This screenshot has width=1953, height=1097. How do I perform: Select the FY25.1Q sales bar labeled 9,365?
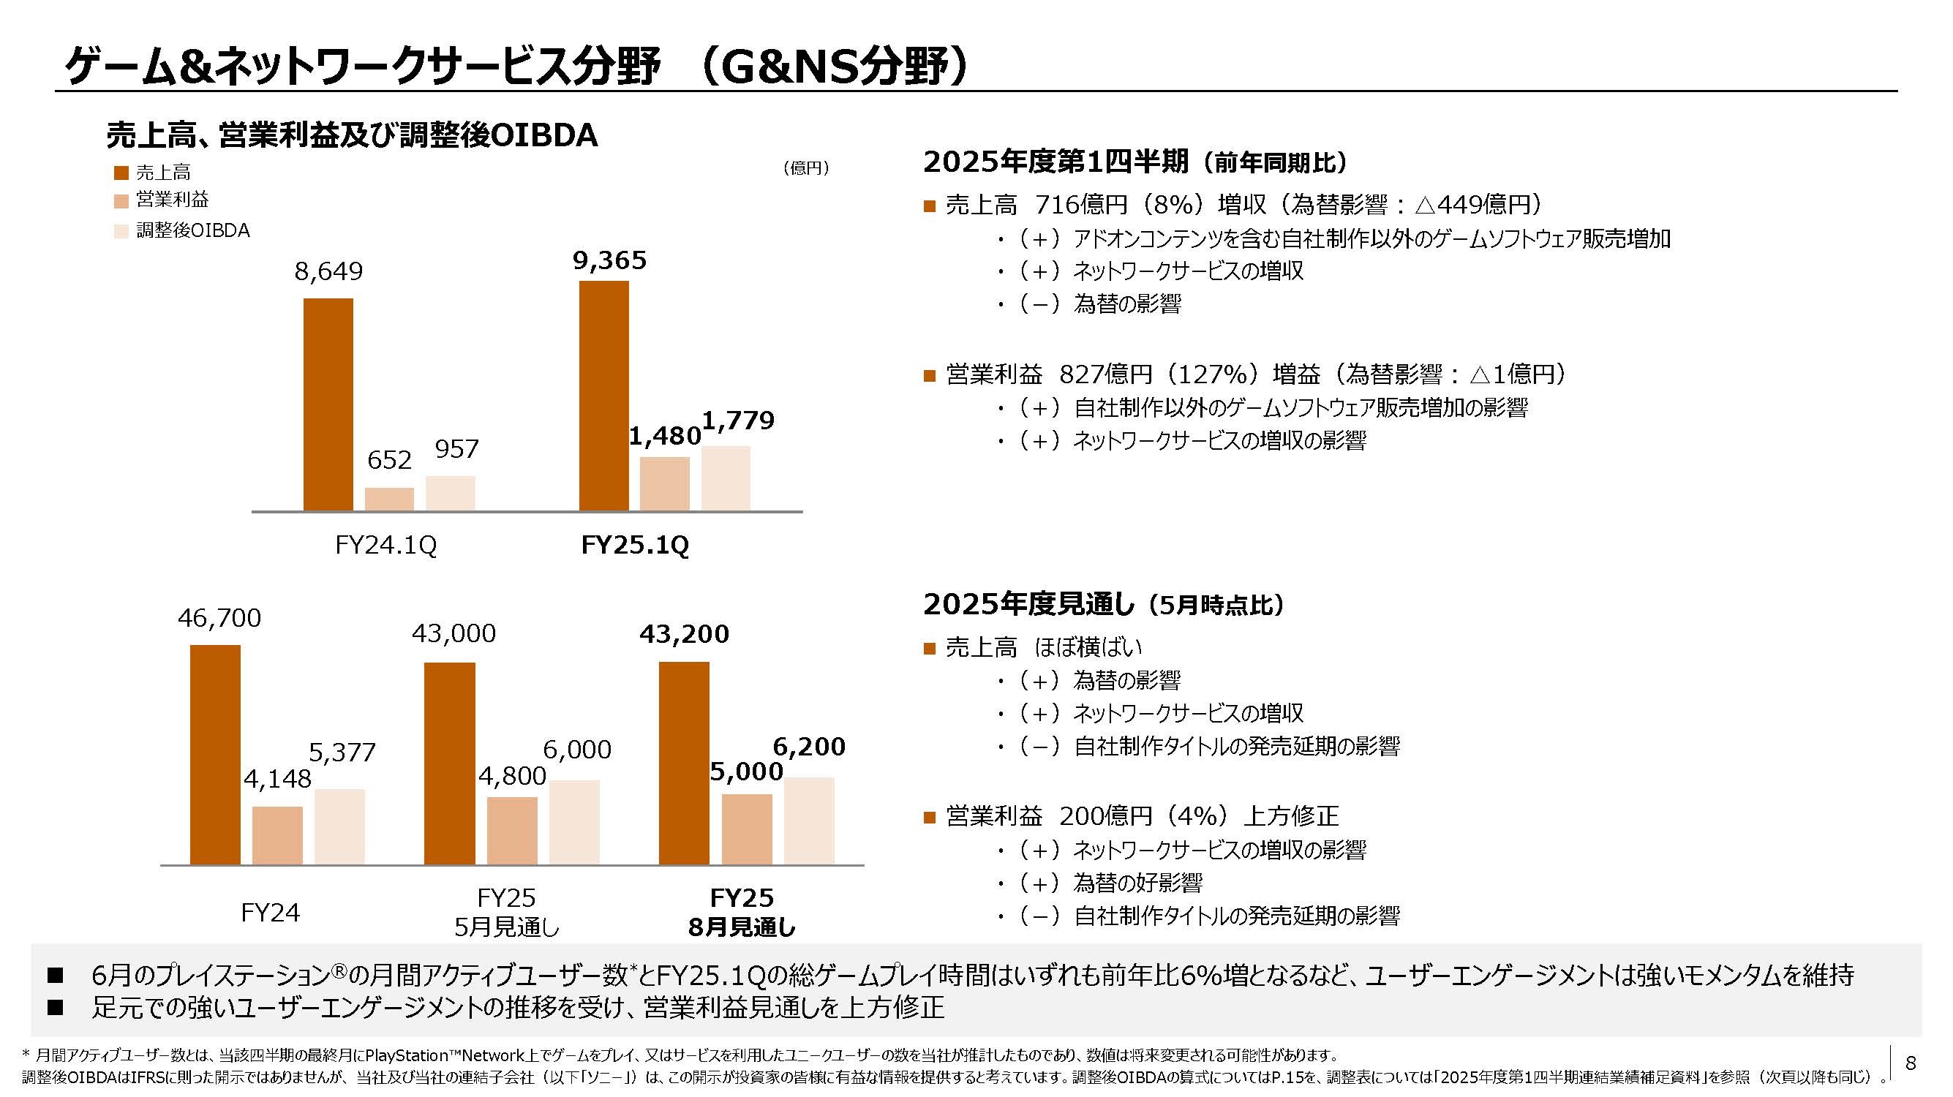(603, 395)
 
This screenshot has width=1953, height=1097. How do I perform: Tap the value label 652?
(389, 459)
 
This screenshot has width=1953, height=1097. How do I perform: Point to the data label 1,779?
(739, 420)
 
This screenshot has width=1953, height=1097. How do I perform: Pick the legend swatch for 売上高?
(121, 173)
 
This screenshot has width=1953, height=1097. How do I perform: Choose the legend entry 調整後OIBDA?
(192, 230)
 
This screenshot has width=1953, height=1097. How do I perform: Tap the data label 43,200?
(684, 634)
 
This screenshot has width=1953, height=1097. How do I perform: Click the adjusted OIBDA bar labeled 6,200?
(809, 821)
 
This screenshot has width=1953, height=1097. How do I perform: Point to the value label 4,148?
(276, 779)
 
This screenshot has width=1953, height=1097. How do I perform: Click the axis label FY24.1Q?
(386, 545)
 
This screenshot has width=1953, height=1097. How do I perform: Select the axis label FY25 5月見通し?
(506, 911)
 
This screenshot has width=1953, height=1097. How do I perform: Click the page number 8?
(1911, 1063)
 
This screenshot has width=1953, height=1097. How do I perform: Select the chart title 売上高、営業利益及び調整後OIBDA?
(352, 135)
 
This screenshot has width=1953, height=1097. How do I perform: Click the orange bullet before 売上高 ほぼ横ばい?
(930, 648)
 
